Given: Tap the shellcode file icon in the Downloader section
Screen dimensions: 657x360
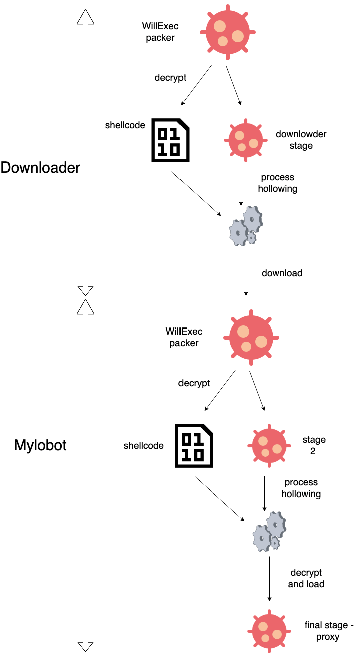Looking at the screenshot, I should point(171,141).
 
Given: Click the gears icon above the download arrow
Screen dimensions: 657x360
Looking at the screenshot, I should point(246,226).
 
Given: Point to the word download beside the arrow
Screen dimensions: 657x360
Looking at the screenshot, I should point(282,273).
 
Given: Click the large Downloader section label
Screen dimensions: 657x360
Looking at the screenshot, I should point(40,168).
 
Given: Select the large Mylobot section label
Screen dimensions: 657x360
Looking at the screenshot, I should point(40,445).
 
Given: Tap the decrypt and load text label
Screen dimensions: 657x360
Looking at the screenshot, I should point(306,578).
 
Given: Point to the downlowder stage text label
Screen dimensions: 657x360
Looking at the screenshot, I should point(301,140).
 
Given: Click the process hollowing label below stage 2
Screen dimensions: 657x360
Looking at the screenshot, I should point(301,488).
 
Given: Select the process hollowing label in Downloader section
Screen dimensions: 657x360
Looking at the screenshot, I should point(277,183).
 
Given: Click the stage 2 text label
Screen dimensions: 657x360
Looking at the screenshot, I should point(314,445).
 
